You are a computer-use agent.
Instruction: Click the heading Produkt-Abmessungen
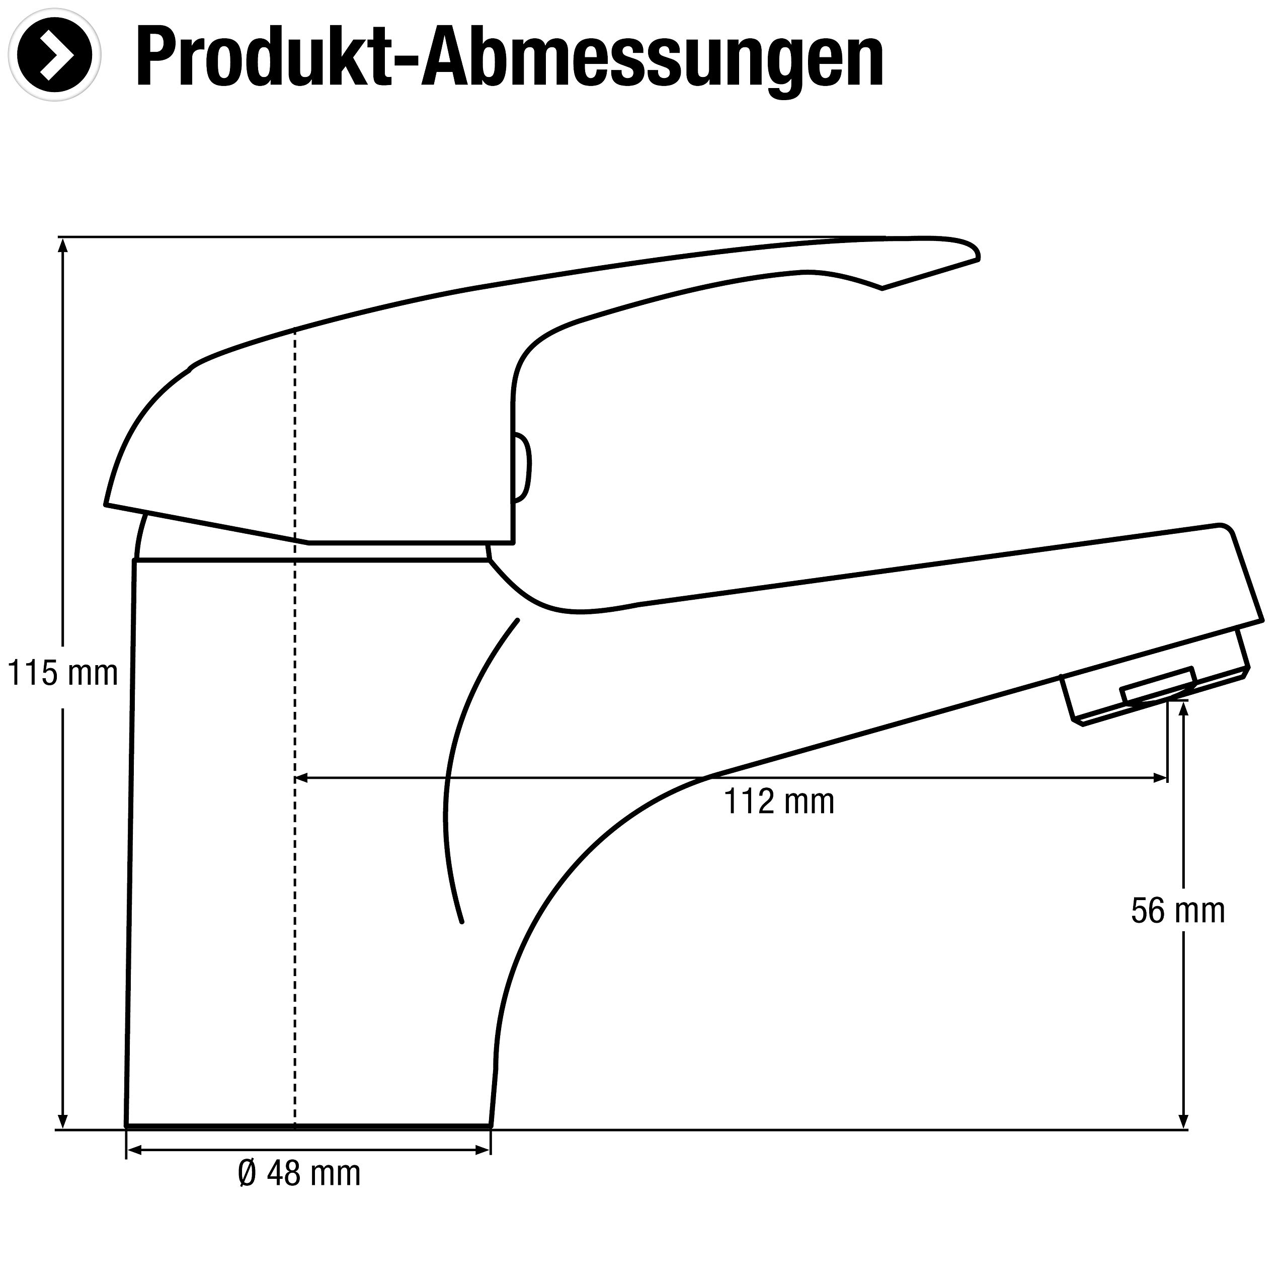(x=510, y=59)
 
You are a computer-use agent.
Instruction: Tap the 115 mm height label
(x=63, y=673)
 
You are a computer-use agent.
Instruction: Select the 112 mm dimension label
(x=779, y=801)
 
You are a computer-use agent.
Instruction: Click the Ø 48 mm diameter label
(x=299, y=1191)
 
